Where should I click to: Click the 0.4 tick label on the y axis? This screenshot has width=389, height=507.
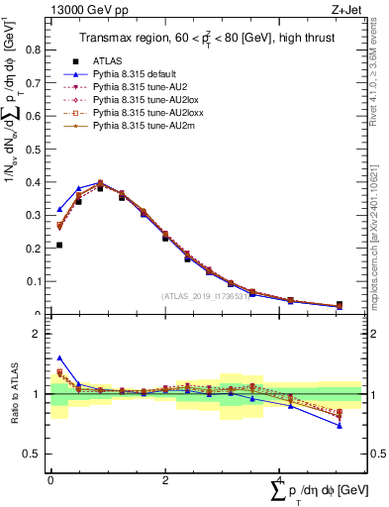pos(36,182)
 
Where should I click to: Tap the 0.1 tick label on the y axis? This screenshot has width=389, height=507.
pos(36,281)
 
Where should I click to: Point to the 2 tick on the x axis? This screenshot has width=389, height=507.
pos(164,479)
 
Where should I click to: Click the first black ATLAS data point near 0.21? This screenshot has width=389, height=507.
pos(59,245)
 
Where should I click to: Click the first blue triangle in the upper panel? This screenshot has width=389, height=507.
pos(59,209)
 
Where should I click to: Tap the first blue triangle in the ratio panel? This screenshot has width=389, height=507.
pos(59,357)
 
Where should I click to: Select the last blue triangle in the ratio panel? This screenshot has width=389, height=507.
pos(340,426)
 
